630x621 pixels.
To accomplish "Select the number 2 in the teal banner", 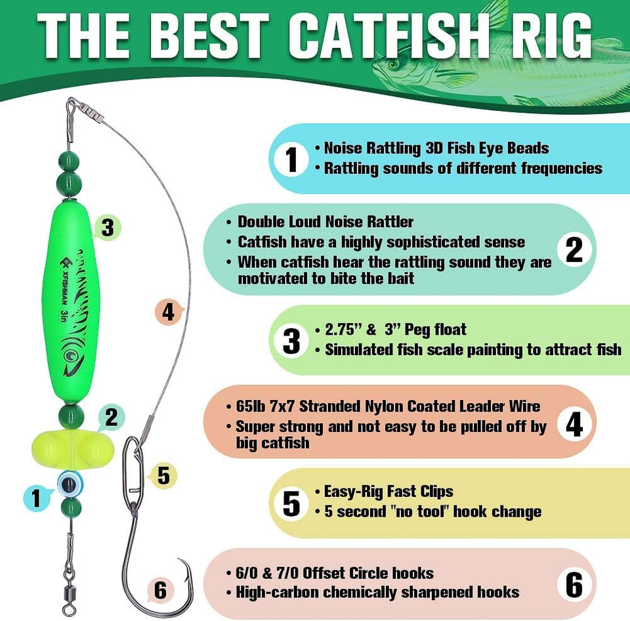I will tap(574, 249).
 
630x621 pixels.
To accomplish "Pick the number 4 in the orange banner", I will tap(574, 425).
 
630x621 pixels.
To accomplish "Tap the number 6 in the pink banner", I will tap(574, 584).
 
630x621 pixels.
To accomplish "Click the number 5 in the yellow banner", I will tap(291, 503).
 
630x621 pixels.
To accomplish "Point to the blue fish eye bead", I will tap(68, 484).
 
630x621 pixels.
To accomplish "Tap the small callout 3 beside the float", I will tap(108, 228).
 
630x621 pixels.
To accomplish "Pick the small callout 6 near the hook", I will tap(160, 590).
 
